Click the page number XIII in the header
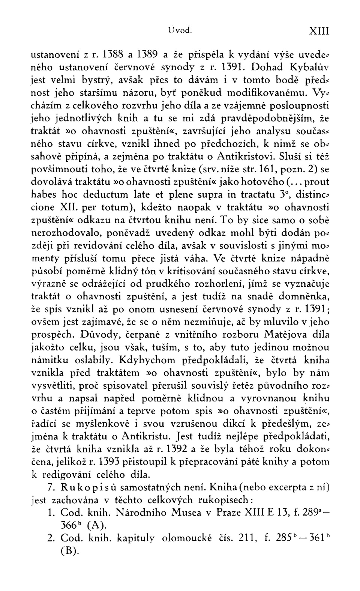(x=319, y=30)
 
